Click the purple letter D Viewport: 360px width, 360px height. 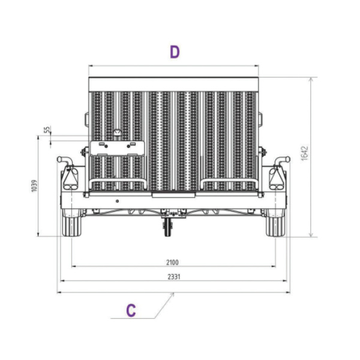click(x=175, y=52)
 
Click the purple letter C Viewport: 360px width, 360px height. click(x=131, y=310)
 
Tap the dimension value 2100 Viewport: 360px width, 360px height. click(x=172, y=262)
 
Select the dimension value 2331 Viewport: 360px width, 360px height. click(x=174, y=277)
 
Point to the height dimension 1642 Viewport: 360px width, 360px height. click(x=304, y=153)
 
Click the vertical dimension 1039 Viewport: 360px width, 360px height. click(x=34, y=186)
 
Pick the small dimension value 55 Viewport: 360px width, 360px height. click(x=47, y=130)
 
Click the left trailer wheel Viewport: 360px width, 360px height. click(x=72, y=223)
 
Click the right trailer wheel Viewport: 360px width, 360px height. click(x=275, y=223)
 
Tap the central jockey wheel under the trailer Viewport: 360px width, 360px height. click(x=168, y=227)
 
